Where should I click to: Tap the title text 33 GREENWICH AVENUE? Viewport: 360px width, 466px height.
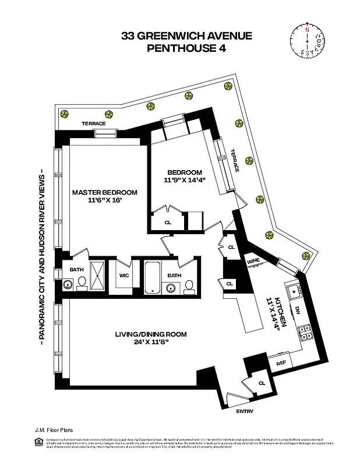tap(186, 36)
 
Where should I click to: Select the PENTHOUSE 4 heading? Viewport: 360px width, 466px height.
tap(186, 48)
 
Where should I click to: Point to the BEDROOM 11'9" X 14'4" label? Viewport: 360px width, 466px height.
tap(185, 176)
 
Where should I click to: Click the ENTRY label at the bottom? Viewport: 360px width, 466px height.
tap(245, 412)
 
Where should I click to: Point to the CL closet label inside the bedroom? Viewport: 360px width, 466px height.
tap(168, 222)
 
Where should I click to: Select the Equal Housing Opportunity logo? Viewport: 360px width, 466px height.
tap(39, 442)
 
